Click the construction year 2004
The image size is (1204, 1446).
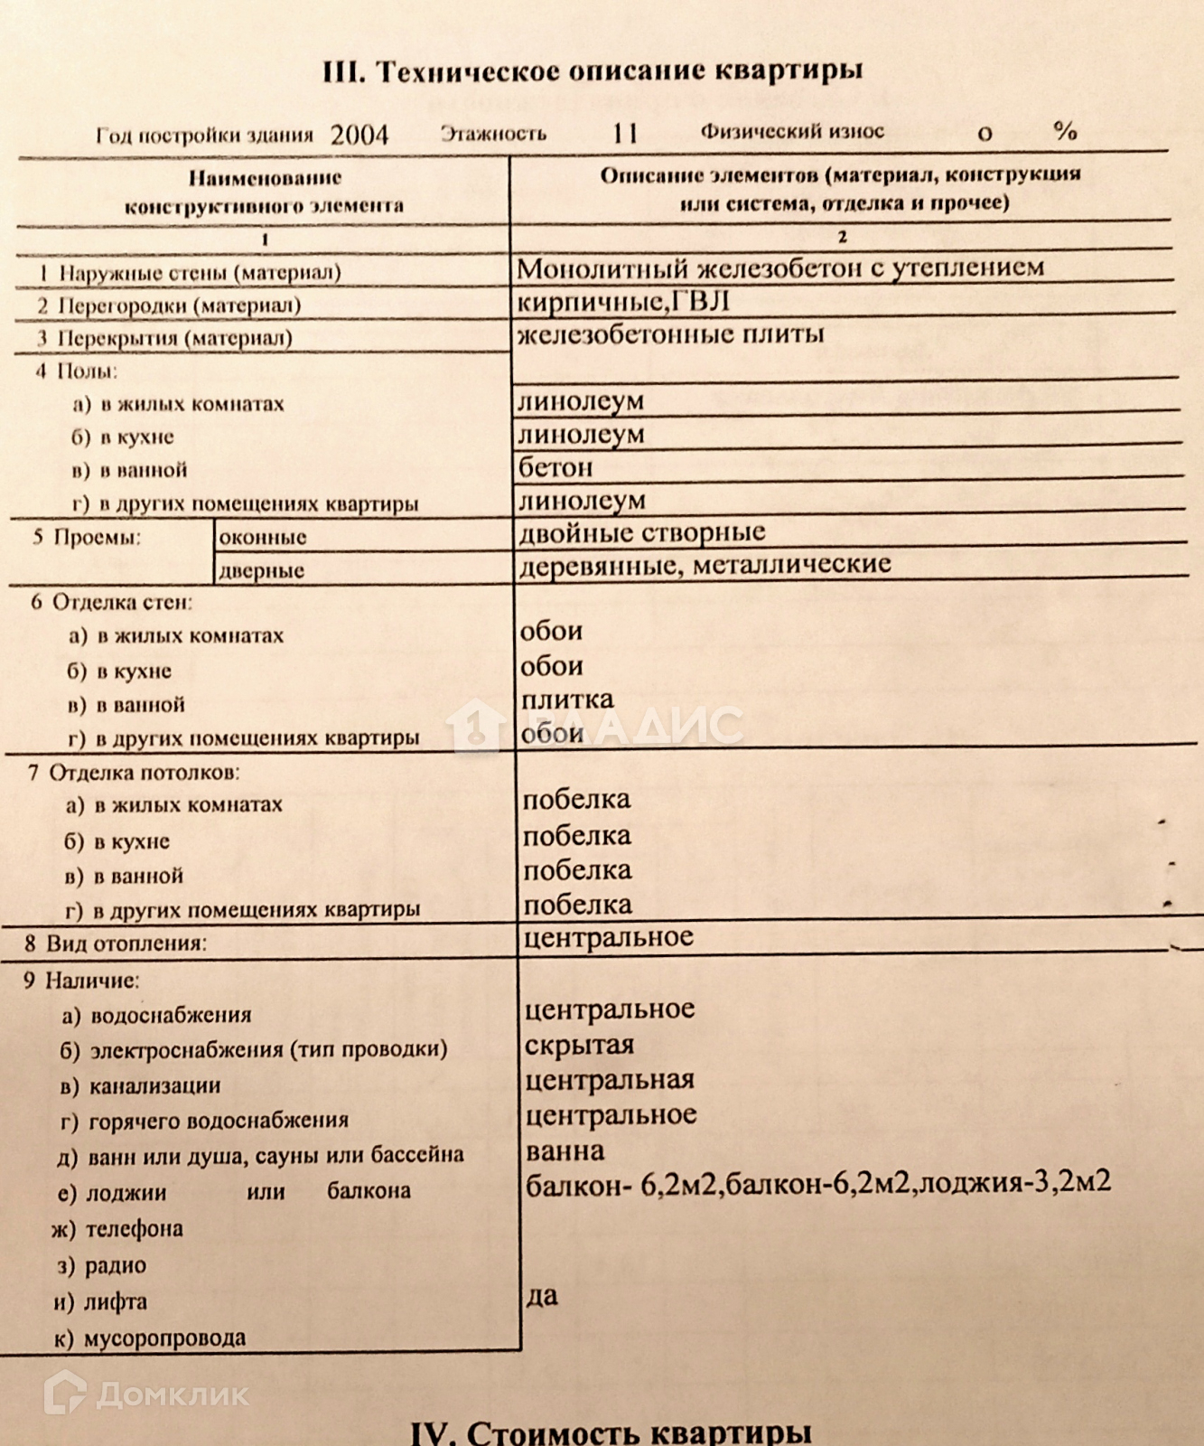[x=359, y=135]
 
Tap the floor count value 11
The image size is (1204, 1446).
[x=625, y=134]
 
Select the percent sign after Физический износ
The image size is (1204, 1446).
[x=1065, y=132]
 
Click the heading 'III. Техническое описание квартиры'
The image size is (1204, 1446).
[x=593, y=70]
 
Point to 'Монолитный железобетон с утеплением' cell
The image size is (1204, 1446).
[x=780, y=268]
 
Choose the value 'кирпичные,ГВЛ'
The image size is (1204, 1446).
[x=622, y=302]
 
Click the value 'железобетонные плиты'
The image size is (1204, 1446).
[x=670, y=334]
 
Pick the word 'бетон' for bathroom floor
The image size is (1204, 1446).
[x=555, y=467]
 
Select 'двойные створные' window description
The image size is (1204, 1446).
[x=642, y=533]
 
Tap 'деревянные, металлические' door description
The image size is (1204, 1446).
[x=705, y=565]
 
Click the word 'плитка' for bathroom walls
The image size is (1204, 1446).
[x=567, y=700]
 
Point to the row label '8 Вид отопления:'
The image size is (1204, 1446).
[x=116, y=944]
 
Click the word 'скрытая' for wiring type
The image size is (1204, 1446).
[x=579, y=1045]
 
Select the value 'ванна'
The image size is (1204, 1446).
[x=565, y=1151]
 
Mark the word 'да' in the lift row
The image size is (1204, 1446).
[x=542, y=1296]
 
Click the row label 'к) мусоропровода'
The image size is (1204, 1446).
[x=149, y=1338]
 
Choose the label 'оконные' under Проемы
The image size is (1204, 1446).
[x=263, y=537]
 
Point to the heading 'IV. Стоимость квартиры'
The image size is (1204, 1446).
[x=611, y=1431]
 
